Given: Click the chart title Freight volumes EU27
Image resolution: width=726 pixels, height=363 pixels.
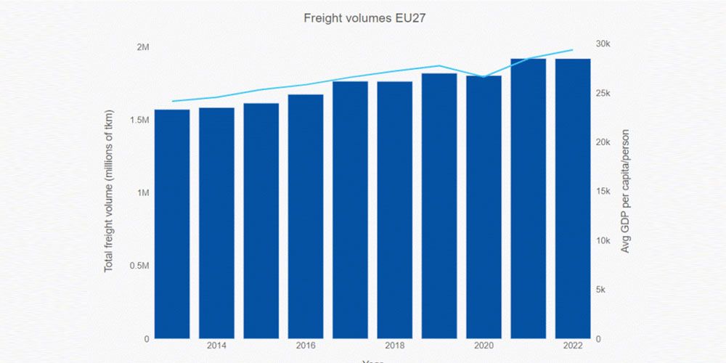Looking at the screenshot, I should pyautogui.click(x=363, y=18).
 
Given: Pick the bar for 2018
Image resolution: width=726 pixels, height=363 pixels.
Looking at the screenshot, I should pyautogui.click(x=394, y=210).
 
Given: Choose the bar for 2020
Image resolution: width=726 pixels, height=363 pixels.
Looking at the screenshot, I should pyautogui.click(x=484, y=207).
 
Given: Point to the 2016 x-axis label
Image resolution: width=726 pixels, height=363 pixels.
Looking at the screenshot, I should pyautogui.click(x=306, y=346).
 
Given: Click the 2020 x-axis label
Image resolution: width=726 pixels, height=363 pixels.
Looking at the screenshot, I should pyautogui.click(x=484, y=346).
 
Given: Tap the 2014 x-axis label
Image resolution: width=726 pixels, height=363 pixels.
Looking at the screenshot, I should pyautogui.click(x=216, y=346).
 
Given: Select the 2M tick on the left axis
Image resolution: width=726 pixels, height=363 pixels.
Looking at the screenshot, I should pyautogui.click(x=143, y=47).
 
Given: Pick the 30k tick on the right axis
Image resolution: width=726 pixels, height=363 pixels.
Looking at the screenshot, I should pyautogui.click(x=603, y=44).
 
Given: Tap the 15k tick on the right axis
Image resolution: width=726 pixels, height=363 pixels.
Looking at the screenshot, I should pyautogui.click(x=603, y=191).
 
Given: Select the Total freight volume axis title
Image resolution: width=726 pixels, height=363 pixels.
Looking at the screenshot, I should pyautogui.click(x=110, y=192).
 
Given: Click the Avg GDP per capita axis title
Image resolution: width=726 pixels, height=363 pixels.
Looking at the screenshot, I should pyautogui.click(x=625, y=192).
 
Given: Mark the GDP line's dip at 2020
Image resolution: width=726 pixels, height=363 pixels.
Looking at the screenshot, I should pyautogui.click(x=484, y=77).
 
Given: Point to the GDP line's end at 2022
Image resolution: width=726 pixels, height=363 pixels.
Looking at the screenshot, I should pyautogui.click(x=573, y=50).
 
